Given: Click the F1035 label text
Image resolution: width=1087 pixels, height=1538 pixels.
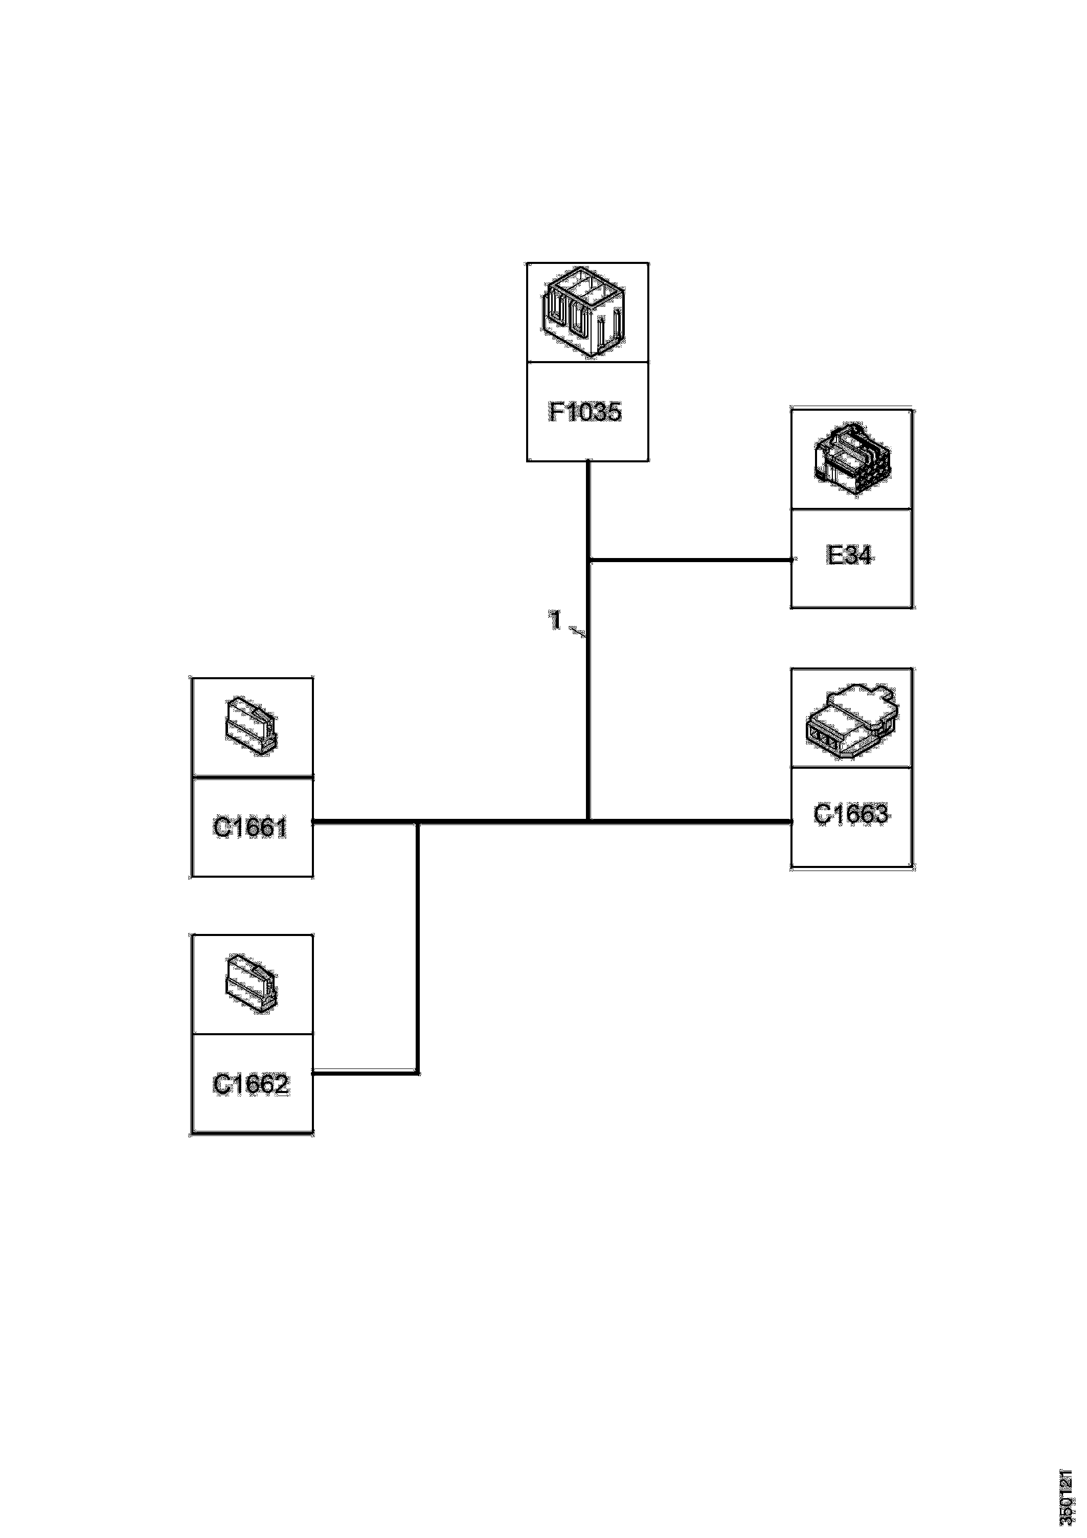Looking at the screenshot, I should click(585, 412).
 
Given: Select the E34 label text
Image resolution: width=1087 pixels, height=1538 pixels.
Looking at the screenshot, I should click(850, 555).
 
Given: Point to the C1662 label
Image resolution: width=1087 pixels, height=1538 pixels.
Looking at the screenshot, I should click(251, 1084).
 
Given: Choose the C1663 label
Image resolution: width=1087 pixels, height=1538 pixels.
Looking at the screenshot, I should click(851, 814).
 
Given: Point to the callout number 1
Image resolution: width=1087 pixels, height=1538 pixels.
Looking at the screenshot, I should click(555, 620).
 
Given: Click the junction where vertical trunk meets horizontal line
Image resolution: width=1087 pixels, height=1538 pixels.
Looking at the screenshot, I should click(588, 820).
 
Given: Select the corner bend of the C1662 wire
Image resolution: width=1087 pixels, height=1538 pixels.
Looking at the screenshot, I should click(417, 1073).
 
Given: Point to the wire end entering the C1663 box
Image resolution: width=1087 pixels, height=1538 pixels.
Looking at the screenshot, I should click(790, 820).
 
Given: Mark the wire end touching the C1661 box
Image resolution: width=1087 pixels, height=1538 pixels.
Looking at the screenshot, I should click(314, 820).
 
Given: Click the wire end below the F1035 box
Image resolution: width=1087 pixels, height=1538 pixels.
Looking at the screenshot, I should click(588, 463).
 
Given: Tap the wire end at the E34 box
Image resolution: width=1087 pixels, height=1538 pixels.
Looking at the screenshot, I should click(790, 560).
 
